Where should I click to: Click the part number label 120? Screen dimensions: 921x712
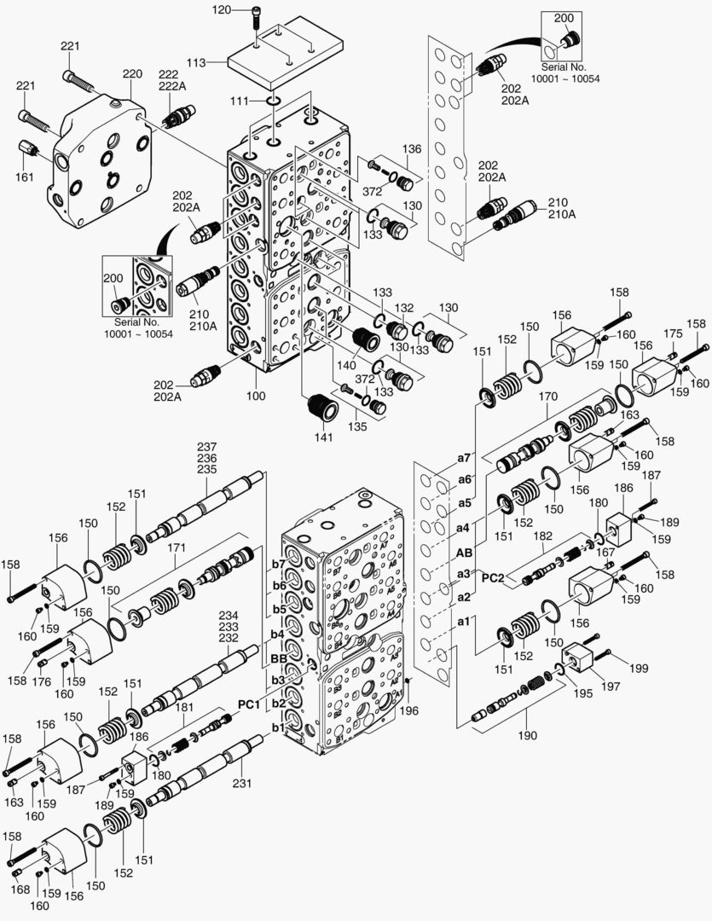220,10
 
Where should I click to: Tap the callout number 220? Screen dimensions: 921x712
131,74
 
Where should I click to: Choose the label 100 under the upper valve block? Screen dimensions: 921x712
255,396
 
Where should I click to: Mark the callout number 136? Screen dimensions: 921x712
412,149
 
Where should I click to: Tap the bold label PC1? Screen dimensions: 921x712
248,704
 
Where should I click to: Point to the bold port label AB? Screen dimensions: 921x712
464,551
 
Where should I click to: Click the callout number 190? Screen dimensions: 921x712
529,734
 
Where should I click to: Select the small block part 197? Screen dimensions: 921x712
584,659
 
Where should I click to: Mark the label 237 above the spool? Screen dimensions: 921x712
207,447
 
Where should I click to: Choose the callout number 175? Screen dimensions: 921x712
674,333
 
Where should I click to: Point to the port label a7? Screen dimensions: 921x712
464,458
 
